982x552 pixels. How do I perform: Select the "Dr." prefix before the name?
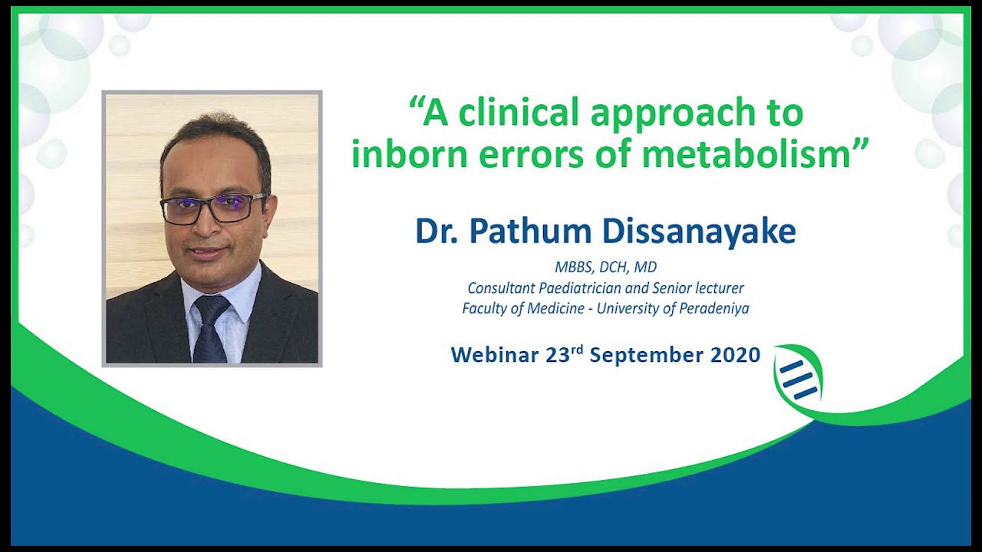pyautogui.click(x=440, y=232)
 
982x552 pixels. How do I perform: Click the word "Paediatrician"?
pyautogui.click(x=564, y=288)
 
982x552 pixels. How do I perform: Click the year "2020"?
pyautogui.click(x=735, y=355)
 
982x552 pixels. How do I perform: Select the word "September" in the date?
pyautogui.click(x=646, y=355)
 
